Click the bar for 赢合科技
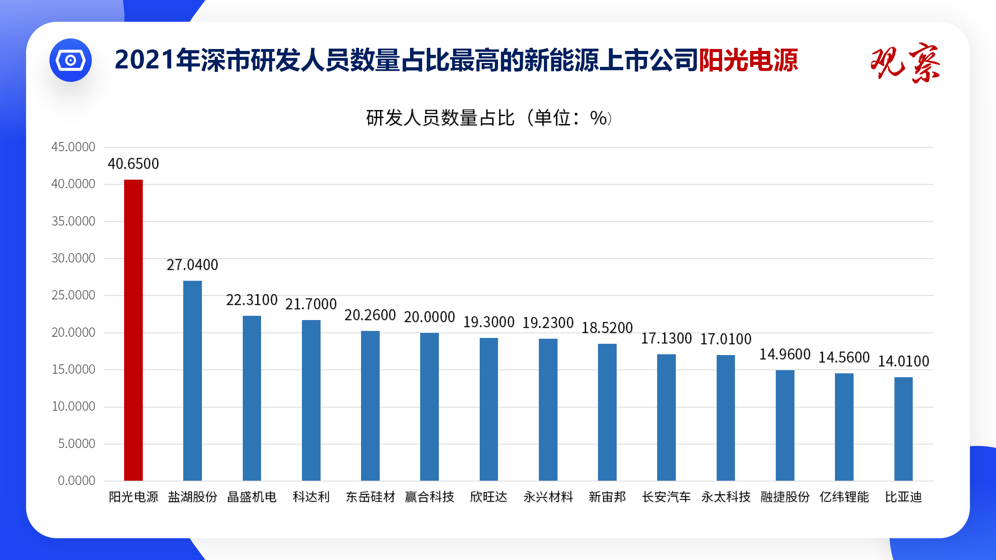point(430,406)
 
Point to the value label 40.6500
point(133,164)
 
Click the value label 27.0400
point(192,265)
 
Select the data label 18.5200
point(607,328)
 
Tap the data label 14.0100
point(903,361)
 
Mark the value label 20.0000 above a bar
point(429,317)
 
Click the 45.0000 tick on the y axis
point(73,147)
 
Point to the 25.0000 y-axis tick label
point(73,295)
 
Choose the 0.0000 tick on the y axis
point(76,481)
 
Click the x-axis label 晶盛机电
point(252,497)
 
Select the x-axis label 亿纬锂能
point(844,497)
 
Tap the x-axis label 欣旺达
point(489,497)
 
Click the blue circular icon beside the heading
point(70,60)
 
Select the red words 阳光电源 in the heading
point(748,60)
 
